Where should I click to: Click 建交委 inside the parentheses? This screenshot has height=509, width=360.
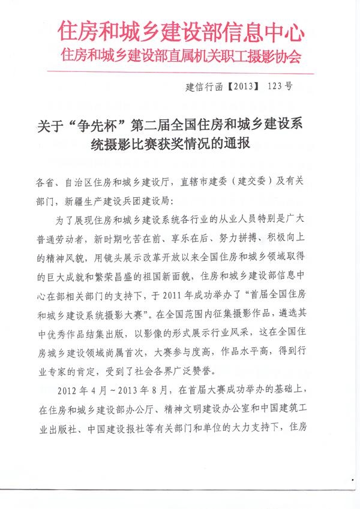click(270, 181)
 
